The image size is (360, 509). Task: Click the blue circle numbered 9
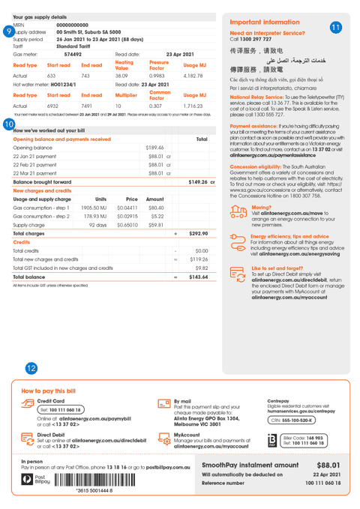[x=8, y=31]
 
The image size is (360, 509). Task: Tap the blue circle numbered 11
[x=335, y=27]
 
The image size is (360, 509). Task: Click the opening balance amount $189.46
[x=155, y=148]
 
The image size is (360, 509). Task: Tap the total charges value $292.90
[x=199, y=234]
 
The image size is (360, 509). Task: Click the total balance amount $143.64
[x=198, y=277]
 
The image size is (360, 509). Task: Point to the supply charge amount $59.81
[x=156, y=224]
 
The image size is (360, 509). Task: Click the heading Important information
[x=265, y=22]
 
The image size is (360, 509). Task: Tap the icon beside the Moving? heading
[x=240, y=210]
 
